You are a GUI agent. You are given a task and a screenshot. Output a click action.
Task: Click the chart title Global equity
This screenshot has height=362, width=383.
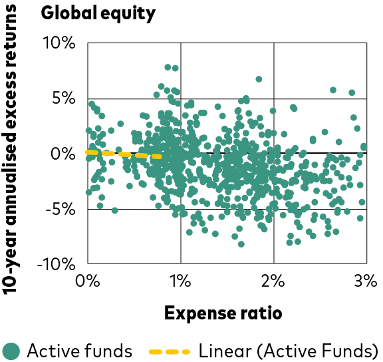[98, 13]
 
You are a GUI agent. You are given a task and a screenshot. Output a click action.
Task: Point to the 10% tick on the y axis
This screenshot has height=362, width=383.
[59, 43]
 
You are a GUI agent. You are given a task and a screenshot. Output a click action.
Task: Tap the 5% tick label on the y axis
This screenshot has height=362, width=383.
[64, 98]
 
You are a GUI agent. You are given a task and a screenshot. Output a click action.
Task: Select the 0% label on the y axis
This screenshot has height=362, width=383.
[63, 154]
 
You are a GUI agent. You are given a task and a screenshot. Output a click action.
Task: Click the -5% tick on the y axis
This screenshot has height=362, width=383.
[61, 210]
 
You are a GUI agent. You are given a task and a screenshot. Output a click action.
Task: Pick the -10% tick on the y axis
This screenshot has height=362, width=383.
[56, 264]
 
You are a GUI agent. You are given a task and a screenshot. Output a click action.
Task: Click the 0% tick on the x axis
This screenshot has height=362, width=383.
[88, 281]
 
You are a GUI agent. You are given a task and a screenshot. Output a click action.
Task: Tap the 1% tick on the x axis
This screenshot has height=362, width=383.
[180, 281]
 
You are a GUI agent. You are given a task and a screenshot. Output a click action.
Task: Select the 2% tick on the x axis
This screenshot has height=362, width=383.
[273, 281]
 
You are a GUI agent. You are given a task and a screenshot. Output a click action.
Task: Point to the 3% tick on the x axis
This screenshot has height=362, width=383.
[366, 281]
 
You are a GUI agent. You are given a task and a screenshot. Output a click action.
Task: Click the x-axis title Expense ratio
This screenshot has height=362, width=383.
[223, 313]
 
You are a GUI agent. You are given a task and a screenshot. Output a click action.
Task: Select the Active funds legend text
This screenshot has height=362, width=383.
[80, 351]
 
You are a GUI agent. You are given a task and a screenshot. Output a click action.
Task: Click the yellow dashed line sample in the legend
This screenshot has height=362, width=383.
[170, 352]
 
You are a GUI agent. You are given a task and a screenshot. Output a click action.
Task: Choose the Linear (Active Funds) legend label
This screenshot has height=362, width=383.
[289, 351]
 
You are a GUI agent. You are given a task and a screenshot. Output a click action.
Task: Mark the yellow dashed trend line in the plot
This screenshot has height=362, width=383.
[124, 154]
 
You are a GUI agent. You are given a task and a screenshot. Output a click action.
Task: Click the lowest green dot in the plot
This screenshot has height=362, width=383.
[241, 244]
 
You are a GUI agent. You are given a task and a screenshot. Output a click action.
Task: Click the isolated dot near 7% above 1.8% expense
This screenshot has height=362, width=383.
[259, 79]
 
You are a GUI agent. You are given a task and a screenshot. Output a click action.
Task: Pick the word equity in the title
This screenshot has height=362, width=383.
[128, 15]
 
